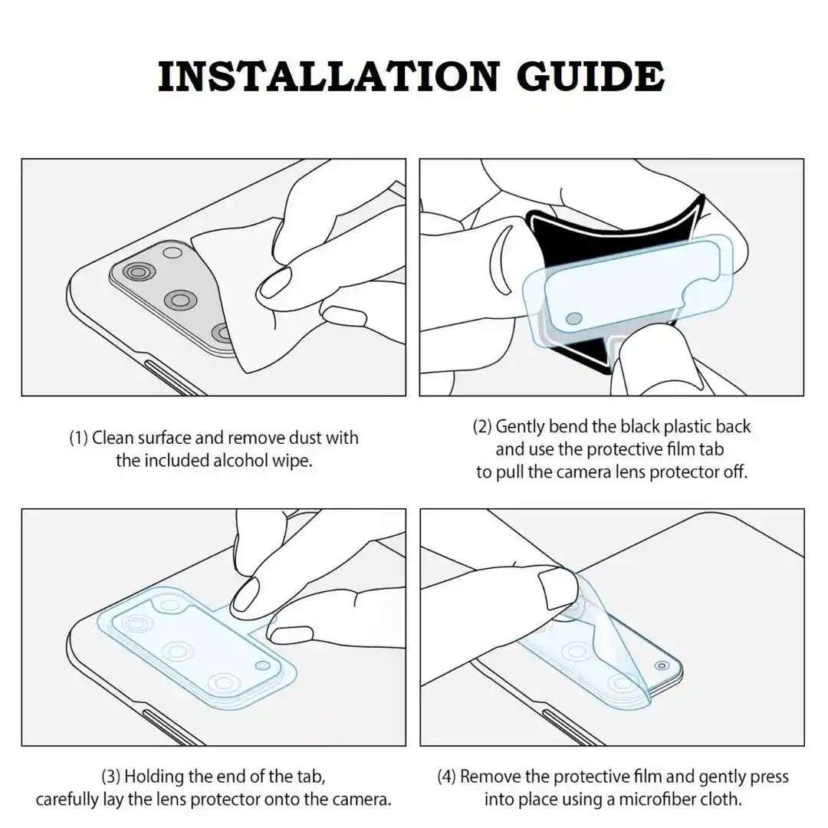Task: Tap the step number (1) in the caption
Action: (79, 438)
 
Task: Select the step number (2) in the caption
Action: (482, 426)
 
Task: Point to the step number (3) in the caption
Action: (111, 776)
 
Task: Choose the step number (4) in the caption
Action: (446, 777)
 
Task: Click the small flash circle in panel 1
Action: (172, 252)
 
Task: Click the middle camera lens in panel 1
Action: (180, 301)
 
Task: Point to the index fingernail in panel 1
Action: (274, 284)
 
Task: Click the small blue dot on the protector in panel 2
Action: (574, 319)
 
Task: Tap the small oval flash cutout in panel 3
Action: (262, 665)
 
